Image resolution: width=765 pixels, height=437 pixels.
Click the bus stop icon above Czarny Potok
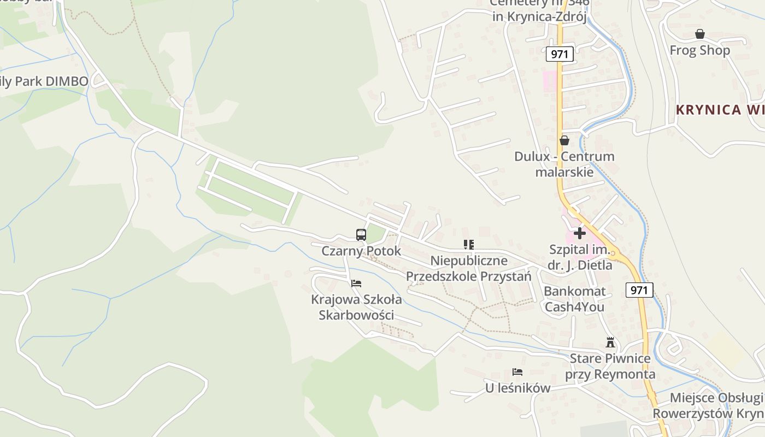click(x=361, y=235)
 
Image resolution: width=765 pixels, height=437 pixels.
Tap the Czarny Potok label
click(x=361, y=251)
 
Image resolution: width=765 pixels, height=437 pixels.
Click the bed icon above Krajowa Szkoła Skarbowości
click(x=356, y=283)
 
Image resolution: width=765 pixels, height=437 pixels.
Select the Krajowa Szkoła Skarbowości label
click(x=356, y=308)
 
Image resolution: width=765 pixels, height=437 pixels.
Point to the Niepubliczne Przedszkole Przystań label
click(x=468, y=268)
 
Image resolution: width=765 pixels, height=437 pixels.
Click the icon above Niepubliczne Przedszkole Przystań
click(x=468, y=244)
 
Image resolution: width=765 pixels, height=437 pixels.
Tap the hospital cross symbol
click(x=579, y=234)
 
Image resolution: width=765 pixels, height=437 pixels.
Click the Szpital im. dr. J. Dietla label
click(x=580, y=258)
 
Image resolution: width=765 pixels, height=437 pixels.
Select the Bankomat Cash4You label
click(x=574, y=299)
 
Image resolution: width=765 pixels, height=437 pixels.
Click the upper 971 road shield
click(x=559, y=54)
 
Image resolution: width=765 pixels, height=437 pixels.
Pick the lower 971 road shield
click(x=639, y=290)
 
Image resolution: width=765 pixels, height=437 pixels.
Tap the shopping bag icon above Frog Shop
click(x=699, y=34)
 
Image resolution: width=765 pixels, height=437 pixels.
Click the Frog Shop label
click(x=699, y=50)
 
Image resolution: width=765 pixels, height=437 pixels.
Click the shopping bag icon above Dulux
click(x=564, y=140)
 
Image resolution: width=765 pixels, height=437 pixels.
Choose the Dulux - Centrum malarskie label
click(x=564, y=164)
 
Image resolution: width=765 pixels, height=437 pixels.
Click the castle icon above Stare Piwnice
click(x=610, y=343)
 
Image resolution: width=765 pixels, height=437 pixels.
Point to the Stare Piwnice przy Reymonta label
click(x=610, y=367)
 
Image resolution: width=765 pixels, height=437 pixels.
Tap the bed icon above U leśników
click(x=517, y=372)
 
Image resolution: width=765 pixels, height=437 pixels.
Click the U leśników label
click(x=517, y=388)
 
